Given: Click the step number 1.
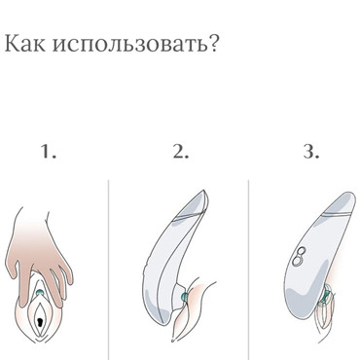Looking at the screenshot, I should coord(50,152).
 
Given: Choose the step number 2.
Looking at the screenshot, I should coord(179,152).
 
